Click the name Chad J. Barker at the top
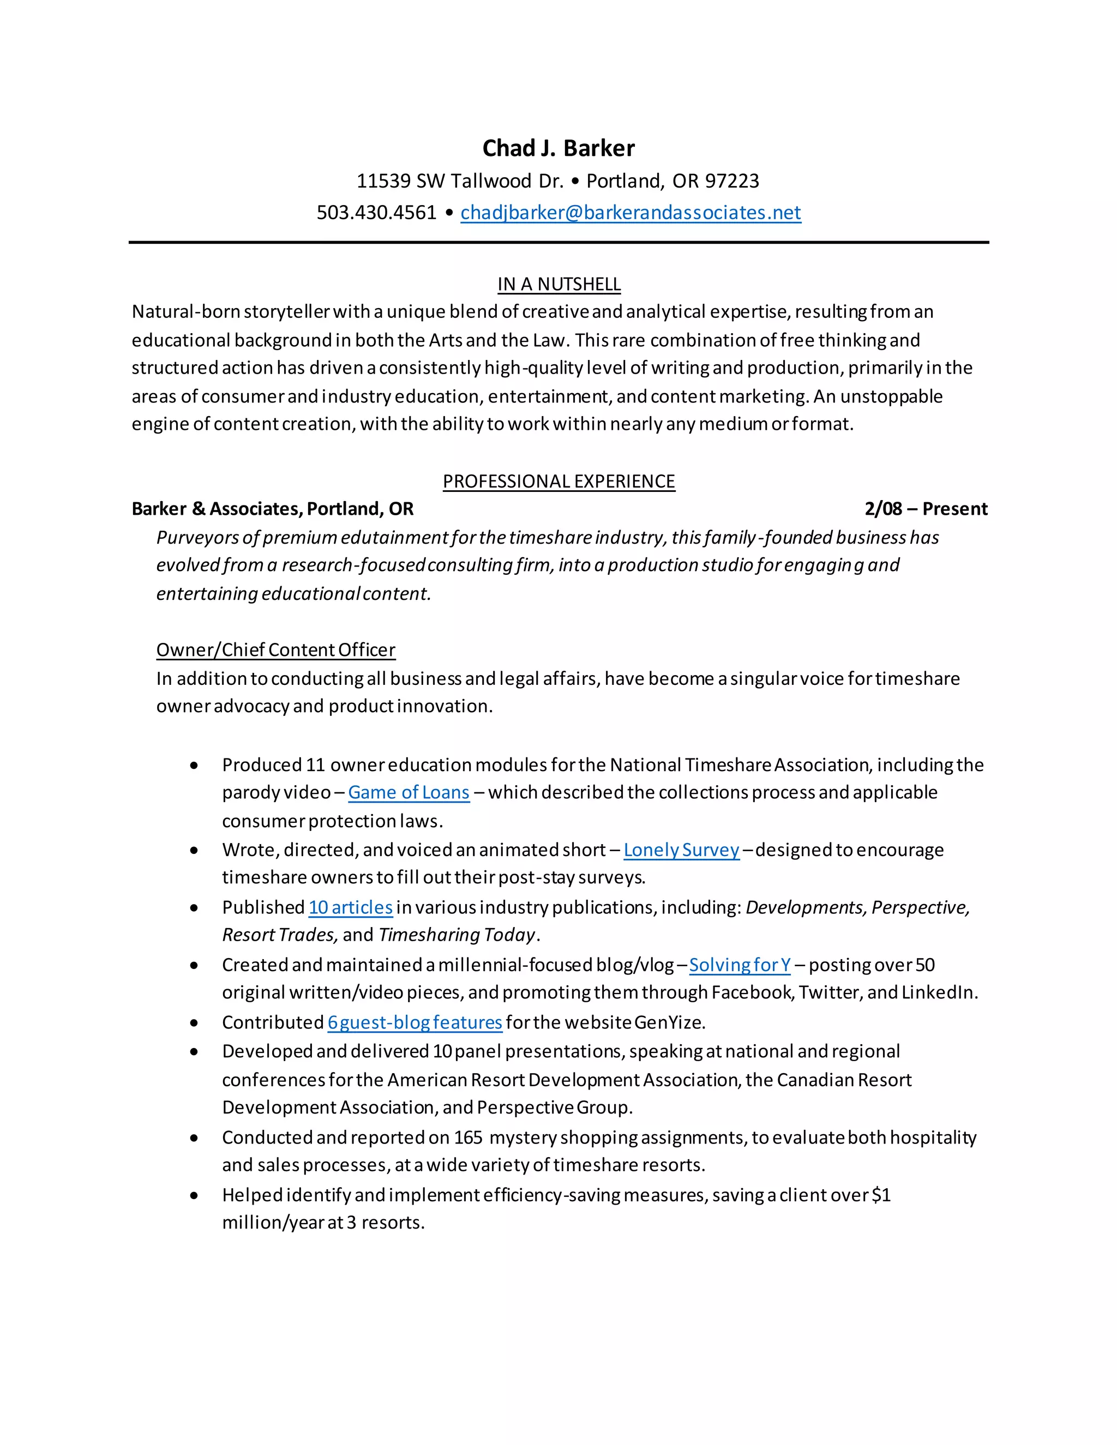tap(558, 148)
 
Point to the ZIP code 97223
tap(732, 180)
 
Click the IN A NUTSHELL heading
tap(558, 284)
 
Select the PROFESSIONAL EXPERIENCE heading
tap(558, 481)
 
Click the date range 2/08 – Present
tap(925, 509)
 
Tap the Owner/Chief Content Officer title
tap(275, 650)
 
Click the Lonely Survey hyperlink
tap(681, 850)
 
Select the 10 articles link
tap(350, 907)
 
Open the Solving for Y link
tap(739, 965)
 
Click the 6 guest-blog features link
tap(415, 1022)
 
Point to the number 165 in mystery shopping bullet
tap(468, 1137)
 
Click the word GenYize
tap(668, 1022)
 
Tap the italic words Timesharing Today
tap(457, 935)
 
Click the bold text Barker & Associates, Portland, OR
tap(272, 509)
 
